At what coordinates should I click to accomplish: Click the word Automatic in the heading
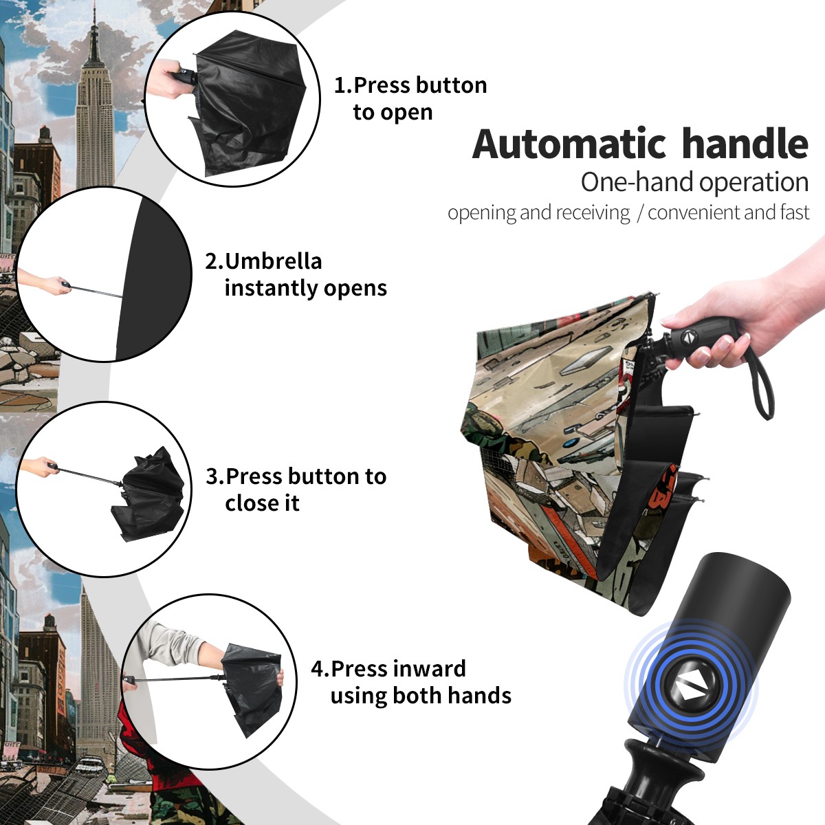(569, 144)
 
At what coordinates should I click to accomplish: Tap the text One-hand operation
(694, 182)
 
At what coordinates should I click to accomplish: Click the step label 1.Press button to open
(410, 98)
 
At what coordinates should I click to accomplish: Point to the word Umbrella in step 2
(273, 261)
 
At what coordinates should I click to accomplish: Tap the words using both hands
(421, 695)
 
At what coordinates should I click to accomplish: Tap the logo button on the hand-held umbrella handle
(689, 337)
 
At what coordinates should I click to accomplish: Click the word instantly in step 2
(272, 287)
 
